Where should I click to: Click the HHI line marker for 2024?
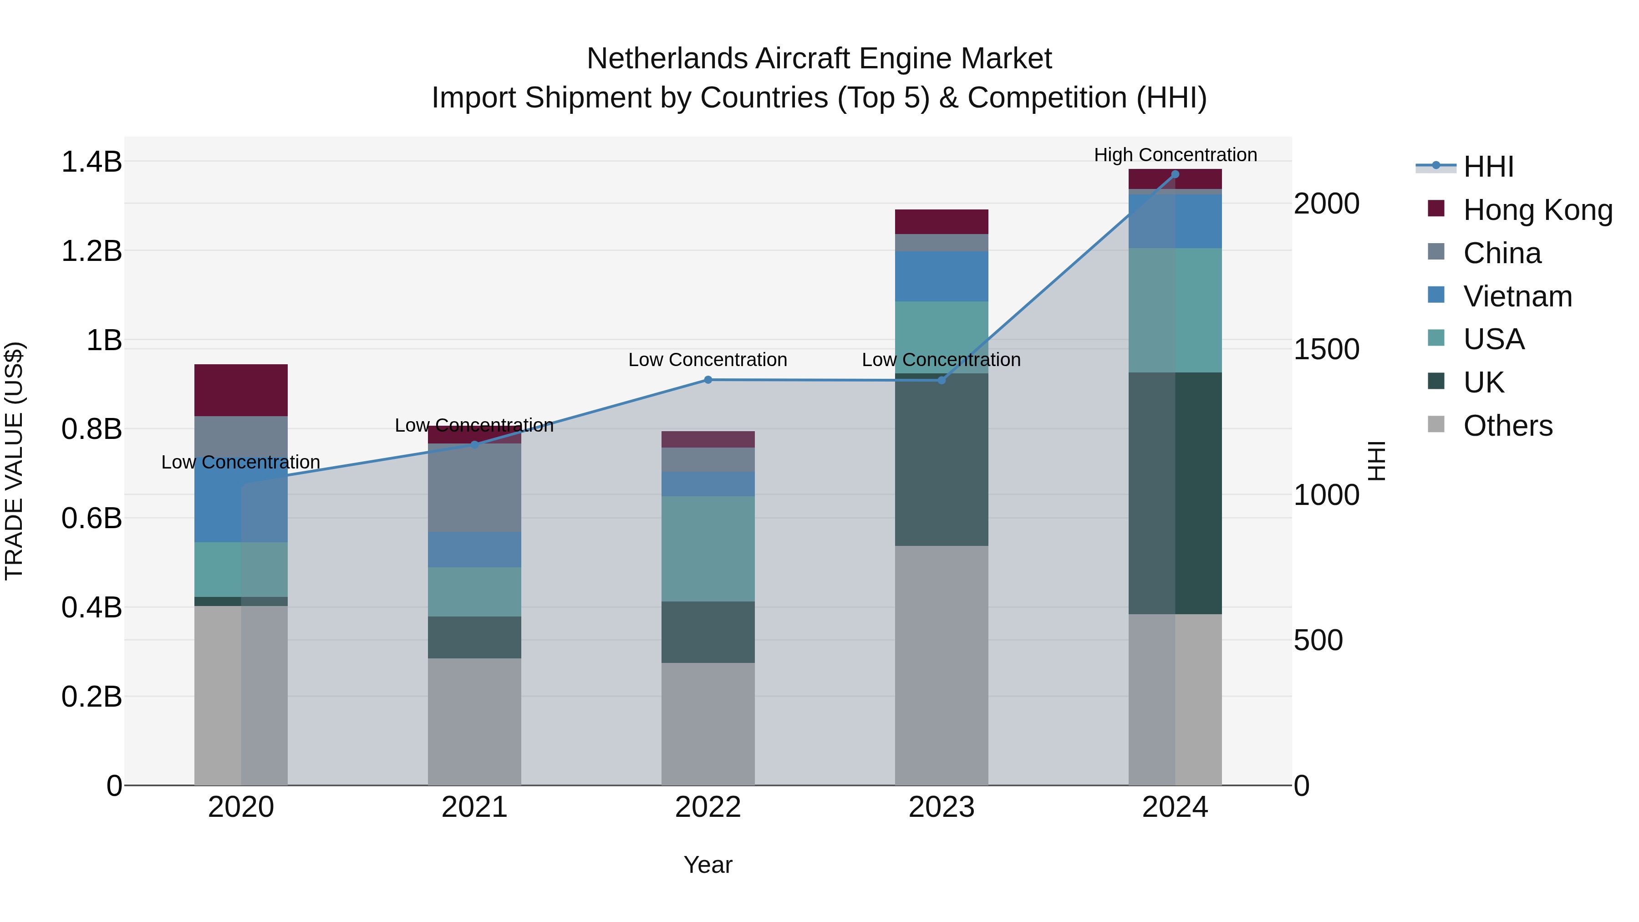click(x=1175, y=174)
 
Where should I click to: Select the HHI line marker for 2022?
click(x=708, y=380)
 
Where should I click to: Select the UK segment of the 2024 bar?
click(x=1175, y=493)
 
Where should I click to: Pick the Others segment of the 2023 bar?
click(x=941, y=665)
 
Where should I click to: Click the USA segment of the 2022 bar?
click(x=708, y=549)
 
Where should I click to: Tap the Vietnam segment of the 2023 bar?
click(x=941, y=276)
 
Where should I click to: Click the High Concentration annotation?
click(x=1175, y=155)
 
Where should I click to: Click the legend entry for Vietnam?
click(x=1517, y=296)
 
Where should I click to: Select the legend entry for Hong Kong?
click(x=1537, y=210)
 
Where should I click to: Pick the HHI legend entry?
click(x=1487, y=167)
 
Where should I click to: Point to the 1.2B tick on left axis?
click(x=91, y=251)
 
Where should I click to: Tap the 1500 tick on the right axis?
click(x=1327, y=349)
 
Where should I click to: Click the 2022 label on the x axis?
click(x=708, y=807)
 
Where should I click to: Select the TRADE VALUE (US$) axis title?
click(x=14, y=461)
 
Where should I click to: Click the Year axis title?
click(x=708, y=865)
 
